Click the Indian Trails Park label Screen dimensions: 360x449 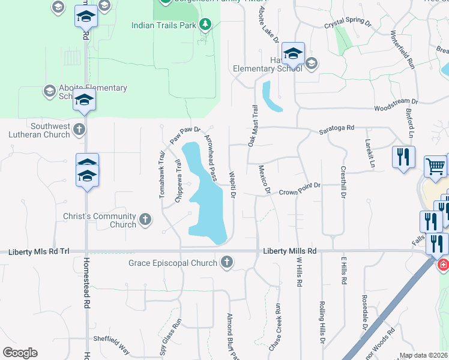164,26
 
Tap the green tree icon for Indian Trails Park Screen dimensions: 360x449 206,24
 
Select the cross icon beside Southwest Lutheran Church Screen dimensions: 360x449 79,129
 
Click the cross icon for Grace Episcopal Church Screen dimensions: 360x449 226,262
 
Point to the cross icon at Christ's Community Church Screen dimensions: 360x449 145,220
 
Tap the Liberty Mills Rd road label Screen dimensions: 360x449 290,251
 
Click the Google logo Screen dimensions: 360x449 20,353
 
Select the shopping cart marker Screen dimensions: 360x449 435,165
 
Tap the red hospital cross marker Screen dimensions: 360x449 444,265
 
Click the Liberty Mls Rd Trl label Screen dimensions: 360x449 39,252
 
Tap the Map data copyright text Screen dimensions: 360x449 424,355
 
